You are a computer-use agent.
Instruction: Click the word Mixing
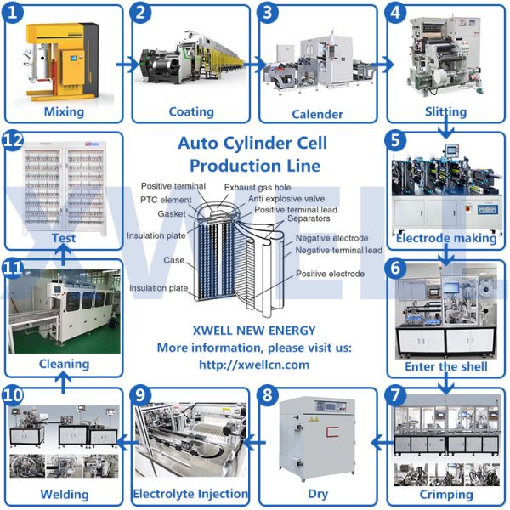[64, 111]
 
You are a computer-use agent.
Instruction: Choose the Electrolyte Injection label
[190, 493]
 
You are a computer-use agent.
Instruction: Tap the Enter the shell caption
[446, 366]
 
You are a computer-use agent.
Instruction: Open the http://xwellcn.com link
[254, 365]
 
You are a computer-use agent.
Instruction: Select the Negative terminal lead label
[338, 251]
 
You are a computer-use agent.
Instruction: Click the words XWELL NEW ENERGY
[254, 331]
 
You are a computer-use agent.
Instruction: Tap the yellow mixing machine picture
[63, 59]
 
